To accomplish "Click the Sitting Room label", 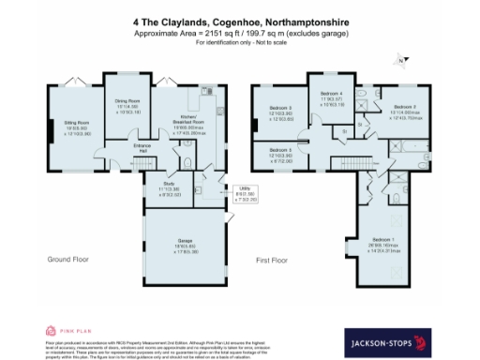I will [x=76, y=123].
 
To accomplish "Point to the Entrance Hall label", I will [x=142, y=147].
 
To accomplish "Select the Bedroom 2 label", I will [x=405, y=112].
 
